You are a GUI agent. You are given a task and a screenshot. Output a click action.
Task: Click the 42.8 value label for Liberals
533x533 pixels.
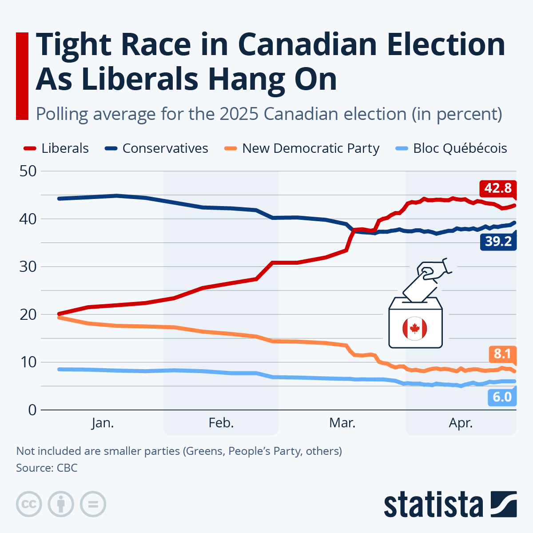497,188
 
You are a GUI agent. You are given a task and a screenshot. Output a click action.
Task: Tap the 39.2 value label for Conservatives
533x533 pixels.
497,241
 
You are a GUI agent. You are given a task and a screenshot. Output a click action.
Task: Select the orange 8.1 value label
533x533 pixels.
502,354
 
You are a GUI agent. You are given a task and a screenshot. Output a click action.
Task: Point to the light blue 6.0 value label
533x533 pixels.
502,396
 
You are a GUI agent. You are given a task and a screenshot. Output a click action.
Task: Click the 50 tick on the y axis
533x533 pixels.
28,171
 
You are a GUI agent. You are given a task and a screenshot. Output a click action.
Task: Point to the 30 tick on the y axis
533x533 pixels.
28,266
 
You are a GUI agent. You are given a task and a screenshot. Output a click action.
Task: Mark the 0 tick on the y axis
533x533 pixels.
32,410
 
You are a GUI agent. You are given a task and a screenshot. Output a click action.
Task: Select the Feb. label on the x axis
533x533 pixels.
221,423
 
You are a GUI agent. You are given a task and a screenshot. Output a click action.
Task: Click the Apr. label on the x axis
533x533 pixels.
461,423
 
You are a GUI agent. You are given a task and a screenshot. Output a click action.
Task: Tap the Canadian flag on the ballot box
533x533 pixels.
415,329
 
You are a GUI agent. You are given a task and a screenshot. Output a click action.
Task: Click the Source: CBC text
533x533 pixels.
47,468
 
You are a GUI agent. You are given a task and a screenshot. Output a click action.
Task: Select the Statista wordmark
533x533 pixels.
434,505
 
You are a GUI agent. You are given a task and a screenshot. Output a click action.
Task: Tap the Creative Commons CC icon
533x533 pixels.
29,504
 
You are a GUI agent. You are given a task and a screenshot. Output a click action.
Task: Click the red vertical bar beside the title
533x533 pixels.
22,76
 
